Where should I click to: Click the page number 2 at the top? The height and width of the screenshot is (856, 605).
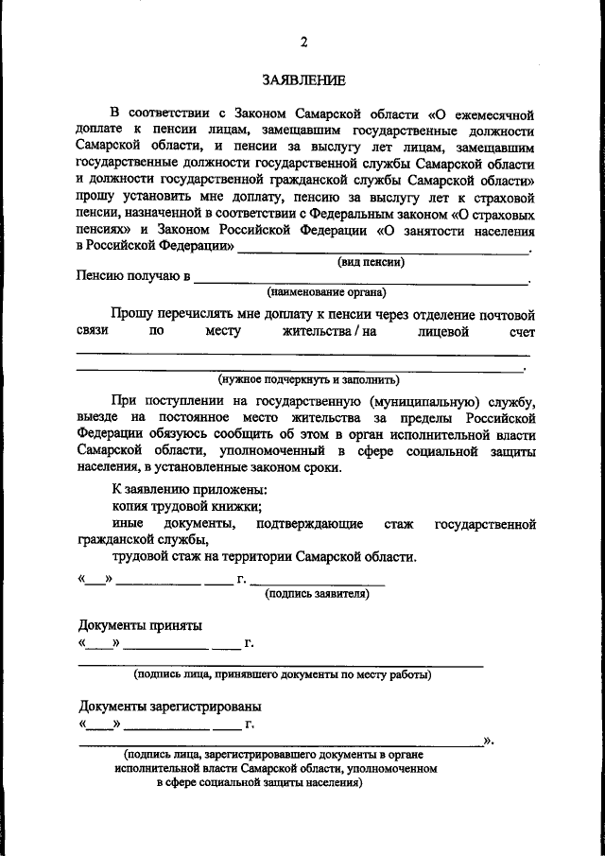[303, 41]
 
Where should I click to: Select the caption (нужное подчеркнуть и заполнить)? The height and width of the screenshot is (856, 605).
[309, 378]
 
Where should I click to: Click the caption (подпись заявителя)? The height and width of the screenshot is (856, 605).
[317, 593]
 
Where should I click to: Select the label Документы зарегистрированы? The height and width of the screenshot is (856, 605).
[169, 707]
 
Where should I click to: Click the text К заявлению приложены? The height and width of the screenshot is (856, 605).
[189, 489]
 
